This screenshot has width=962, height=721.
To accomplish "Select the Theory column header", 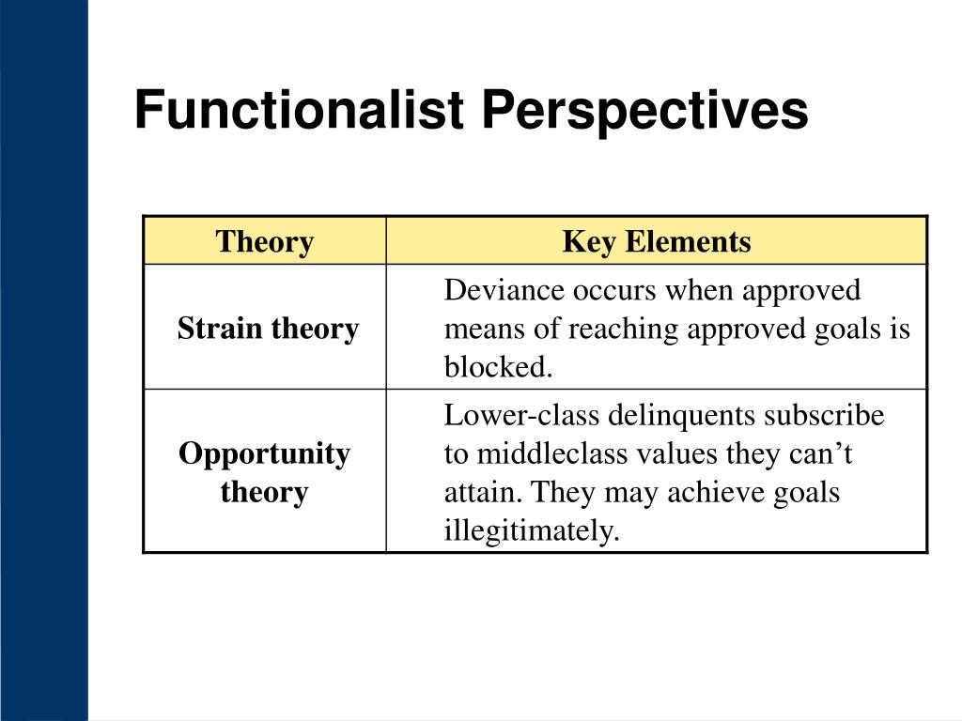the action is click(264, 241).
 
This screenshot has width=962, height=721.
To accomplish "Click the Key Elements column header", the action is click(657, 241).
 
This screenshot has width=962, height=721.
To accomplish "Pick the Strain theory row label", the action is click(268, 328).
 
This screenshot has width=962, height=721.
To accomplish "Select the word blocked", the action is click(498, 367).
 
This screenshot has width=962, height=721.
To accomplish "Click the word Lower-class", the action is click(521, 415).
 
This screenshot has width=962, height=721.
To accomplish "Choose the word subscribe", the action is click(824, 415).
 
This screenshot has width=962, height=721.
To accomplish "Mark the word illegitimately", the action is click(532, 531).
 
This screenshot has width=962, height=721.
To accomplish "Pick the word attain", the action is click(484, 492).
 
